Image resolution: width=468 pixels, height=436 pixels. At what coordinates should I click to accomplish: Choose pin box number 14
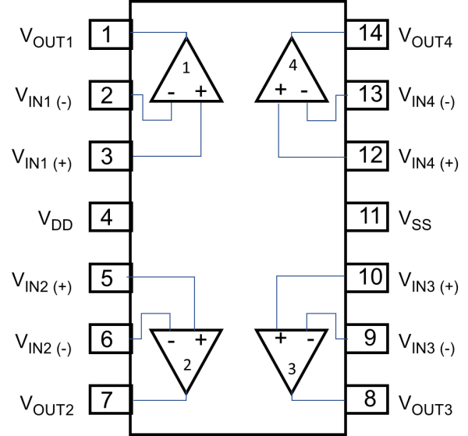pos(367,34)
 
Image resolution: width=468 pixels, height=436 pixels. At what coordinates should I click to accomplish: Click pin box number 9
pos(367,338)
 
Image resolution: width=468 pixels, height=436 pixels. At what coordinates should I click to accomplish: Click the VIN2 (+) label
pos(43,281)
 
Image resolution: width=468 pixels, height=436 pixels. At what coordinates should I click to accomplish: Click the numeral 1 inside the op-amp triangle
pos(186,69)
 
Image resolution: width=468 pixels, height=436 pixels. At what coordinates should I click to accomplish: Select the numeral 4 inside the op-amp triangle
pos(292,67)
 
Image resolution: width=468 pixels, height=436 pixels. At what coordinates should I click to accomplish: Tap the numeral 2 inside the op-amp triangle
pos(186,364)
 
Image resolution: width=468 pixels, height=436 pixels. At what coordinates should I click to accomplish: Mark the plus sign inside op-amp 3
pos(278,339)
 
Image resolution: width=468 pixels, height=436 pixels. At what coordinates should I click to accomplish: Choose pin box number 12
pos(367,155)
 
